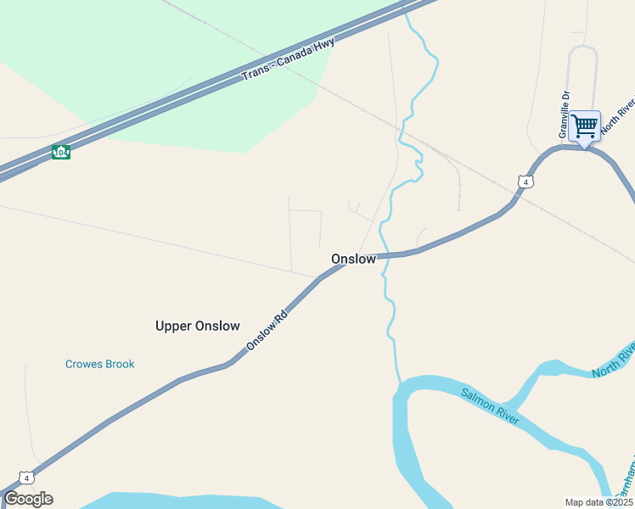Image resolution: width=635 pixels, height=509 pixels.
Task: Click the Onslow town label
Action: point(353,259)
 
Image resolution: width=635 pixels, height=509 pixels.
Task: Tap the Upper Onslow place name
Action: point(198,326)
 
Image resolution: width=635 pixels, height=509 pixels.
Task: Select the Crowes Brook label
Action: point(100,364)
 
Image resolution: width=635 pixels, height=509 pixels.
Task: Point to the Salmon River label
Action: point(490,406)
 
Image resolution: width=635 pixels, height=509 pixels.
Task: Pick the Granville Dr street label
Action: point(563,114)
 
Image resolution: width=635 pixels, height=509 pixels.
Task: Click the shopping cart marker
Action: point(584,126)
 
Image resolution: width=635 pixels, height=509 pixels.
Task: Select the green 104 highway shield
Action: point(60,152)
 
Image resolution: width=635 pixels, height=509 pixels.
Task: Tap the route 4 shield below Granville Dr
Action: point(526,182)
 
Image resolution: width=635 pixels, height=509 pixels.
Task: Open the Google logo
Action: point(28,498)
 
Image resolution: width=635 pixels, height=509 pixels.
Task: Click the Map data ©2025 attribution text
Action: point(598,502)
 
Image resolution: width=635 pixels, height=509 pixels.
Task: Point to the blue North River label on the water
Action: point(613,361)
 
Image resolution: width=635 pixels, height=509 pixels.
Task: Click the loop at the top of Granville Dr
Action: point(582,51)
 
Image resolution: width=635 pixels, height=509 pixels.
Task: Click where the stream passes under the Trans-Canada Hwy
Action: point(407,8)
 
